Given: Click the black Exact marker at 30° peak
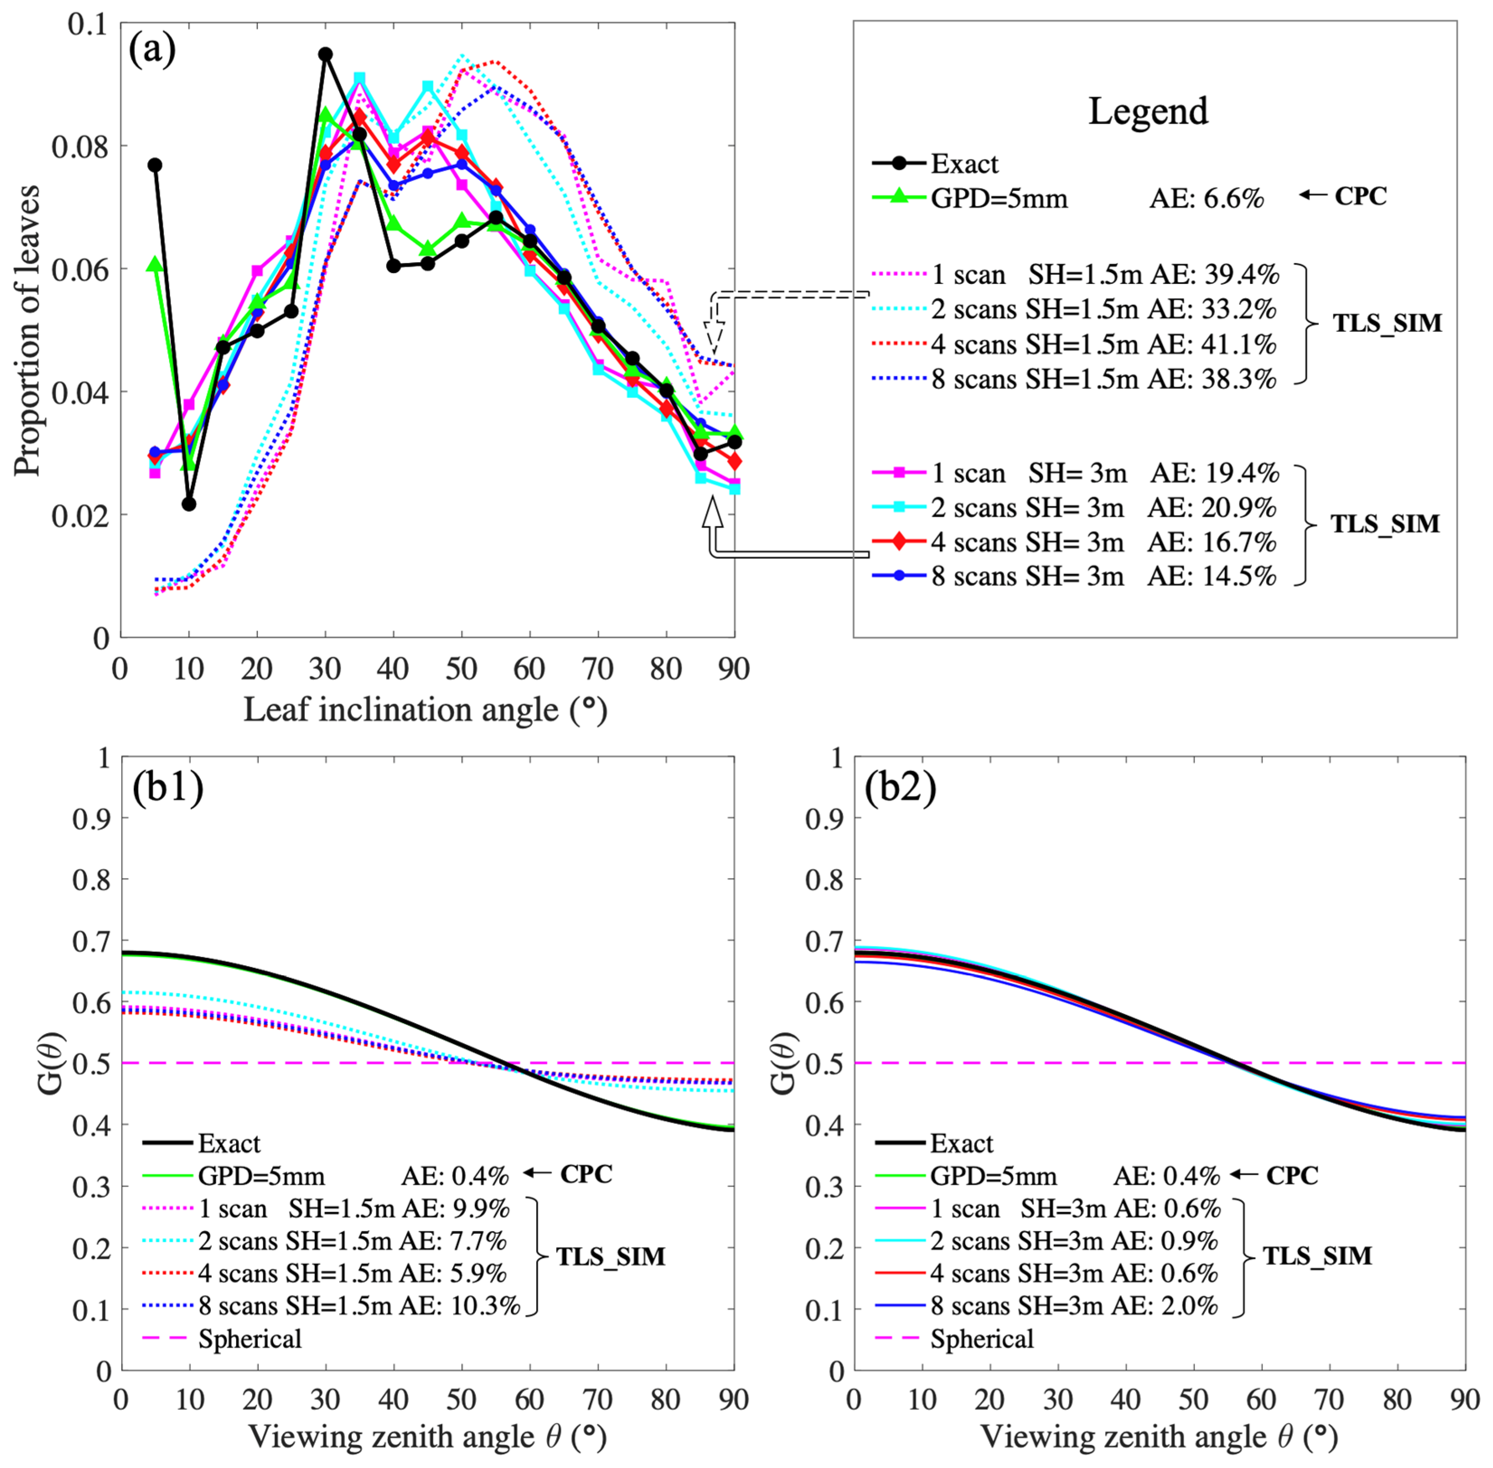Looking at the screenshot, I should pos(326,54).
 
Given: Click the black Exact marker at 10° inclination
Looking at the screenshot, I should pos(189,504).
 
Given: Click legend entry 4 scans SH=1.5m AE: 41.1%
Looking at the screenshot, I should pos(1103,344).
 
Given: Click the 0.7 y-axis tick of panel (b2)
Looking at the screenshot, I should pos(824,941).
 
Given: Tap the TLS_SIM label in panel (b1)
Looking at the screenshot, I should pos(611,1257).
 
